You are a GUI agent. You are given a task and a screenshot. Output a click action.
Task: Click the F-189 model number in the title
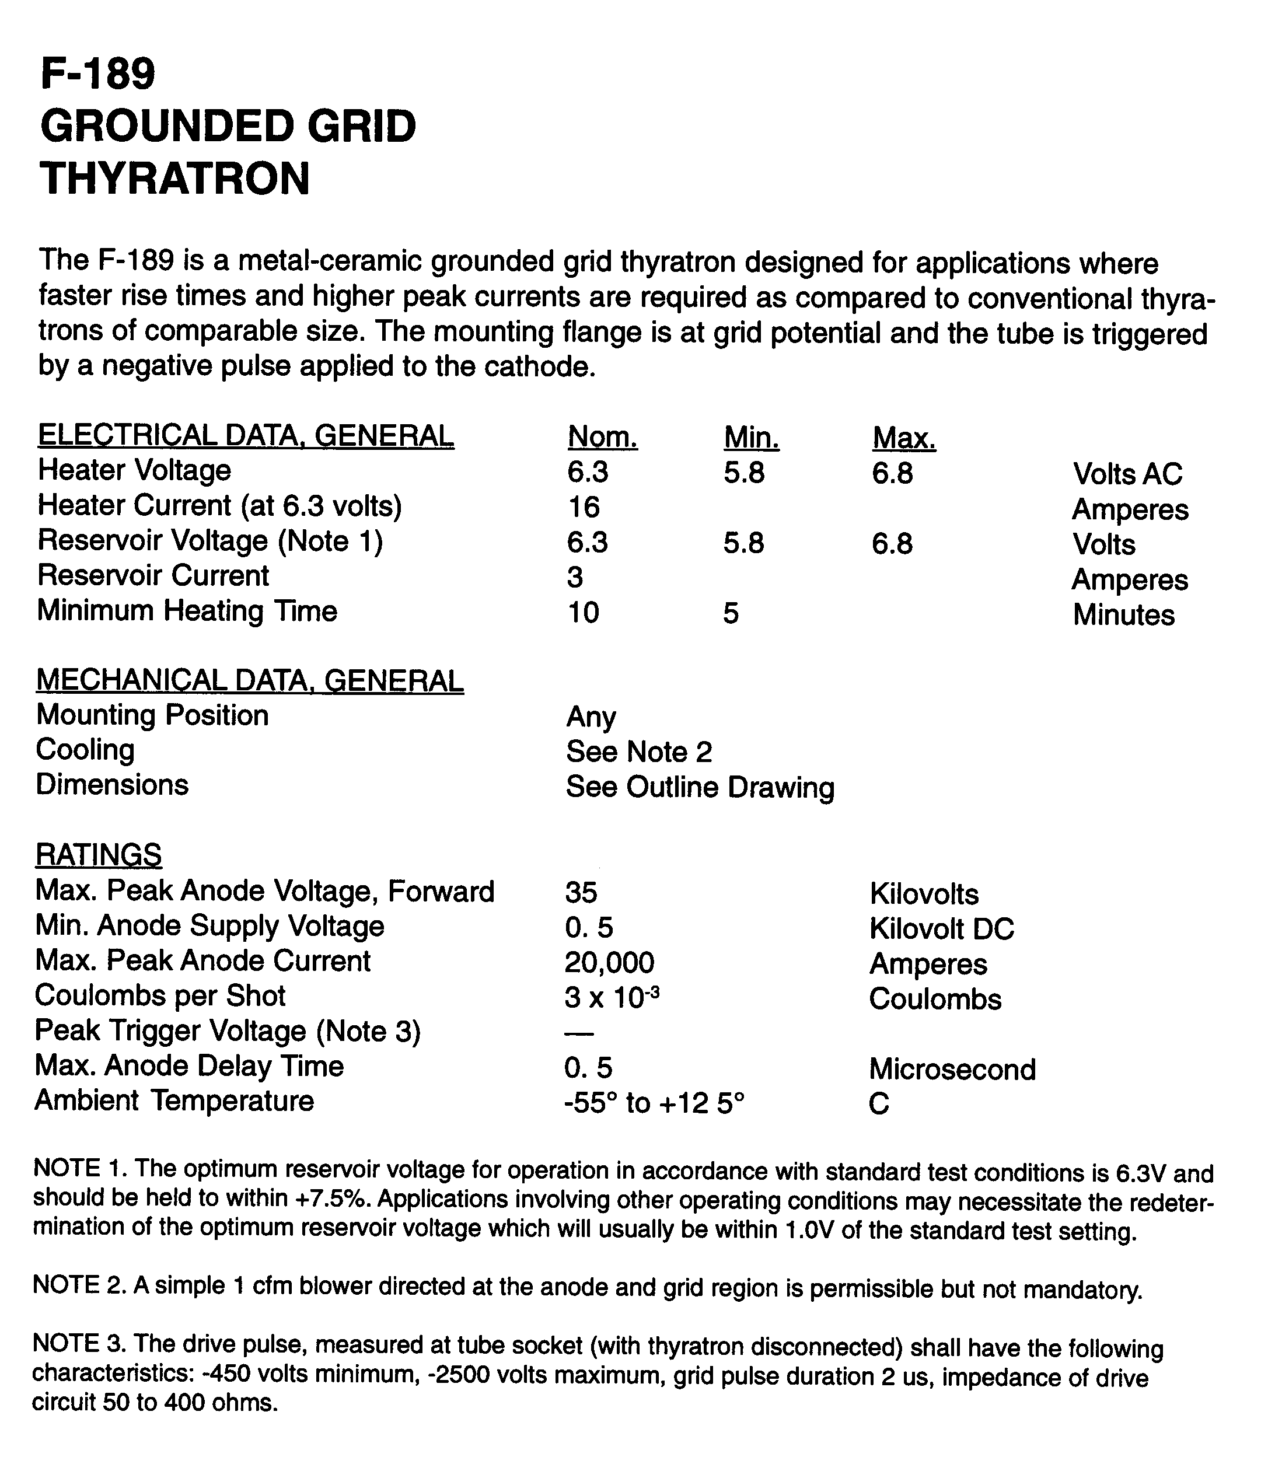(97, 74)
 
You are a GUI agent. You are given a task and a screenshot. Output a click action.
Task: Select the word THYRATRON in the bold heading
(174, 179)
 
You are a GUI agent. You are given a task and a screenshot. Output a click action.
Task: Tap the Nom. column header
(602, 436)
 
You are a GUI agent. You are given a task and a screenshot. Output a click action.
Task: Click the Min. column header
(751, 436)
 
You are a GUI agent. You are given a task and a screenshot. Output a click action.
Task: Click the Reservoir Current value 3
(575, 577)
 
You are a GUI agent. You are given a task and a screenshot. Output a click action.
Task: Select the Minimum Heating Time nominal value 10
(583, 613)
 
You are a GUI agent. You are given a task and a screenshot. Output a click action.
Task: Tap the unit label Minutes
(1123, 615)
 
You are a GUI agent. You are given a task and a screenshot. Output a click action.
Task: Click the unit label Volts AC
(1127, 474)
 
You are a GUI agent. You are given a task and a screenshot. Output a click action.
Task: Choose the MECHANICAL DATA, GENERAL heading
(250, 680)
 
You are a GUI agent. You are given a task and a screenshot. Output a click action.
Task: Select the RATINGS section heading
(99, 854)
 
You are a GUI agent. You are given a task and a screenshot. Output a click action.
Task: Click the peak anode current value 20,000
(609, 963)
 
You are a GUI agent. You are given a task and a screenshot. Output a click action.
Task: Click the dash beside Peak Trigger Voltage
(579, 1033)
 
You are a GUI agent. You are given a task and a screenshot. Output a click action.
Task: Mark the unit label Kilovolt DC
(941, 929)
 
